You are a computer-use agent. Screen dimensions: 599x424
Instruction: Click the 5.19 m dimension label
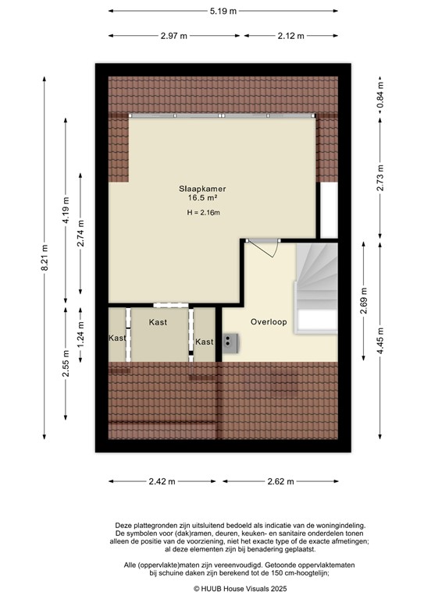point(223,12)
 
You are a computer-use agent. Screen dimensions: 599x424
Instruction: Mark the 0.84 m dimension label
point(380,98)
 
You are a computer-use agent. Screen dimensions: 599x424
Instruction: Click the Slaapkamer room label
point(198,188)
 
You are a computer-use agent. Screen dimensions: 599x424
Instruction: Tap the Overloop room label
point(268,321)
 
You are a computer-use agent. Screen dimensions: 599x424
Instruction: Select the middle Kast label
point(159,321)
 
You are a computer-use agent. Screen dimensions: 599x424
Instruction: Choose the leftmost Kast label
point(117,338)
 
